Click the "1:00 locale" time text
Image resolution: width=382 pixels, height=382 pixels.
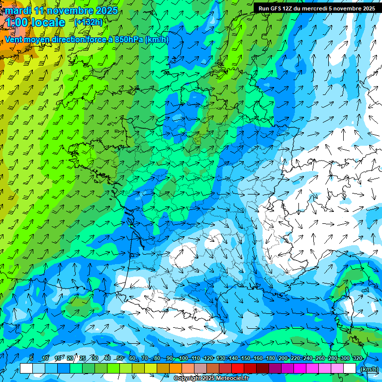[x=35, y=22]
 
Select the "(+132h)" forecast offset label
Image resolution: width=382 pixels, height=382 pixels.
[x=88, y=22]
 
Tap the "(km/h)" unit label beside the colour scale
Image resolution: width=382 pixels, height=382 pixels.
[x=368, y=369]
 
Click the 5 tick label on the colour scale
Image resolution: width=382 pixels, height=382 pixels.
[x=31, y=358]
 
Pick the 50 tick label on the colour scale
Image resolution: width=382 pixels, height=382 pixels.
[x=120, y=358]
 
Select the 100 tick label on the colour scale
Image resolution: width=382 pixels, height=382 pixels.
[x=183, y=358]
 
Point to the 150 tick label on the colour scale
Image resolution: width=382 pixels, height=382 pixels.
[x=245, y=358]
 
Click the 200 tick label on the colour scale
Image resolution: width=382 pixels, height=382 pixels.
[x=283, y=358]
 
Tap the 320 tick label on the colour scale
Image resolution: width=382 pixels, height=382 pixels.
[x=357, y=358]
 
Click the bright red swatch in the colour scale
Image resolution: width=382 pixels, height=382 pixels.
[x=238, y=368]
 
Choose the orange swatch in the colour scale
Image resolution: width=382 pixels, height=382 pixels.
[x=176, y=368]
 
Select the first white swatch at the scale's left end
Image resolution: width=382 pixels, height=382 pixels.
[x=26, y=368]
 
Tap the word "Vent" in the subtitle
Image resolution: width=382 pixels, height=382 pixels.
[x=14, y=39]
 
